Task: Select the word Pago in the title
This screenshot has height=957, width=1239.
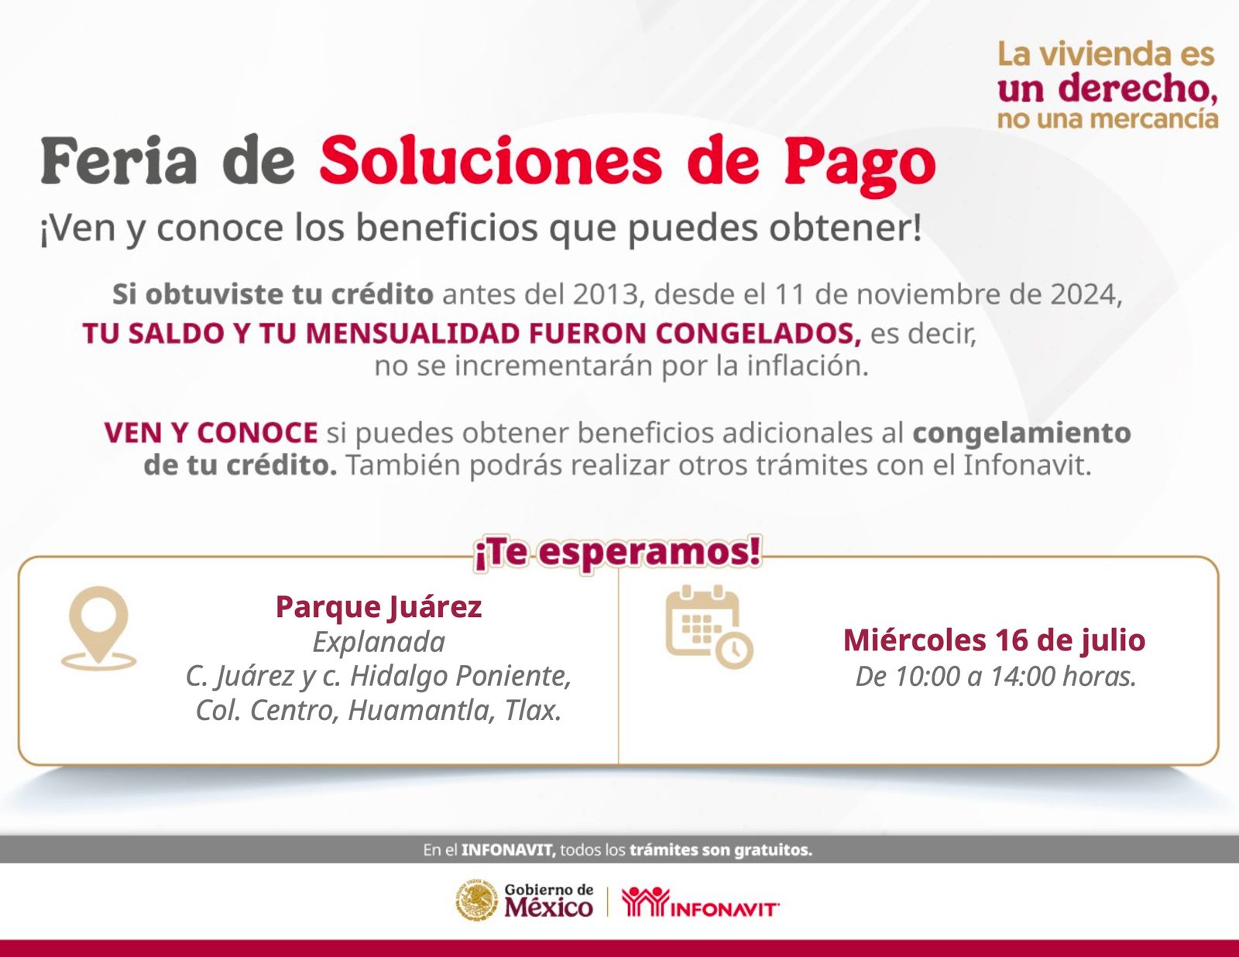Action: [x=860, y=165]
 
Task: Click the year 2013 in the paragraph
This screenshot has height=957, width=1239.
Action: [x=605, y=294]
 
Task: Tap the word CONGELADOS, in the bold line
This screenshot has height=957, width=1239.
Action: [x=758, y=334]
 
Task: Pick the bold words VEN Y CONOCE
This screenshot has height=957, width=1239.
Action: [x=211, y=433]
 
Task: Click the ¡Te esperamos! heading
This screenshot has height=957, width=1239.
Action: [x=618, y=553]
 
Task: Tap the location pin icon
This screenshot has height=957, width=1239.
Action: [x=98, y=628]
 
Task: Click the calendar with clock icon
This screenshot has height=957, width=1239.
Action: [x=709, y=626]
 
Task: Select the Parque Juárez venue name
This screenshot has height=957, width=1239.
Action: [x=379, y=606]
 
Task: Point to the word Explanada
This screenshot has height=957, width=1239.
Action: [x=379, y=643]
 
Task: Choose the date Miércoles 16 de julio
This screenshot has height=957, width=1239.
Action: [x=994, y=640]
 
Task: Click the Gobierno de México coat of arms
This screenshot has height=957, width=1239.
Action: [x=477, y=900]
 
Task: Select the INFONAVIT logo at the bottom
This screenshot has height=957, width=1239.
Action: [x=699, y=902]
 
